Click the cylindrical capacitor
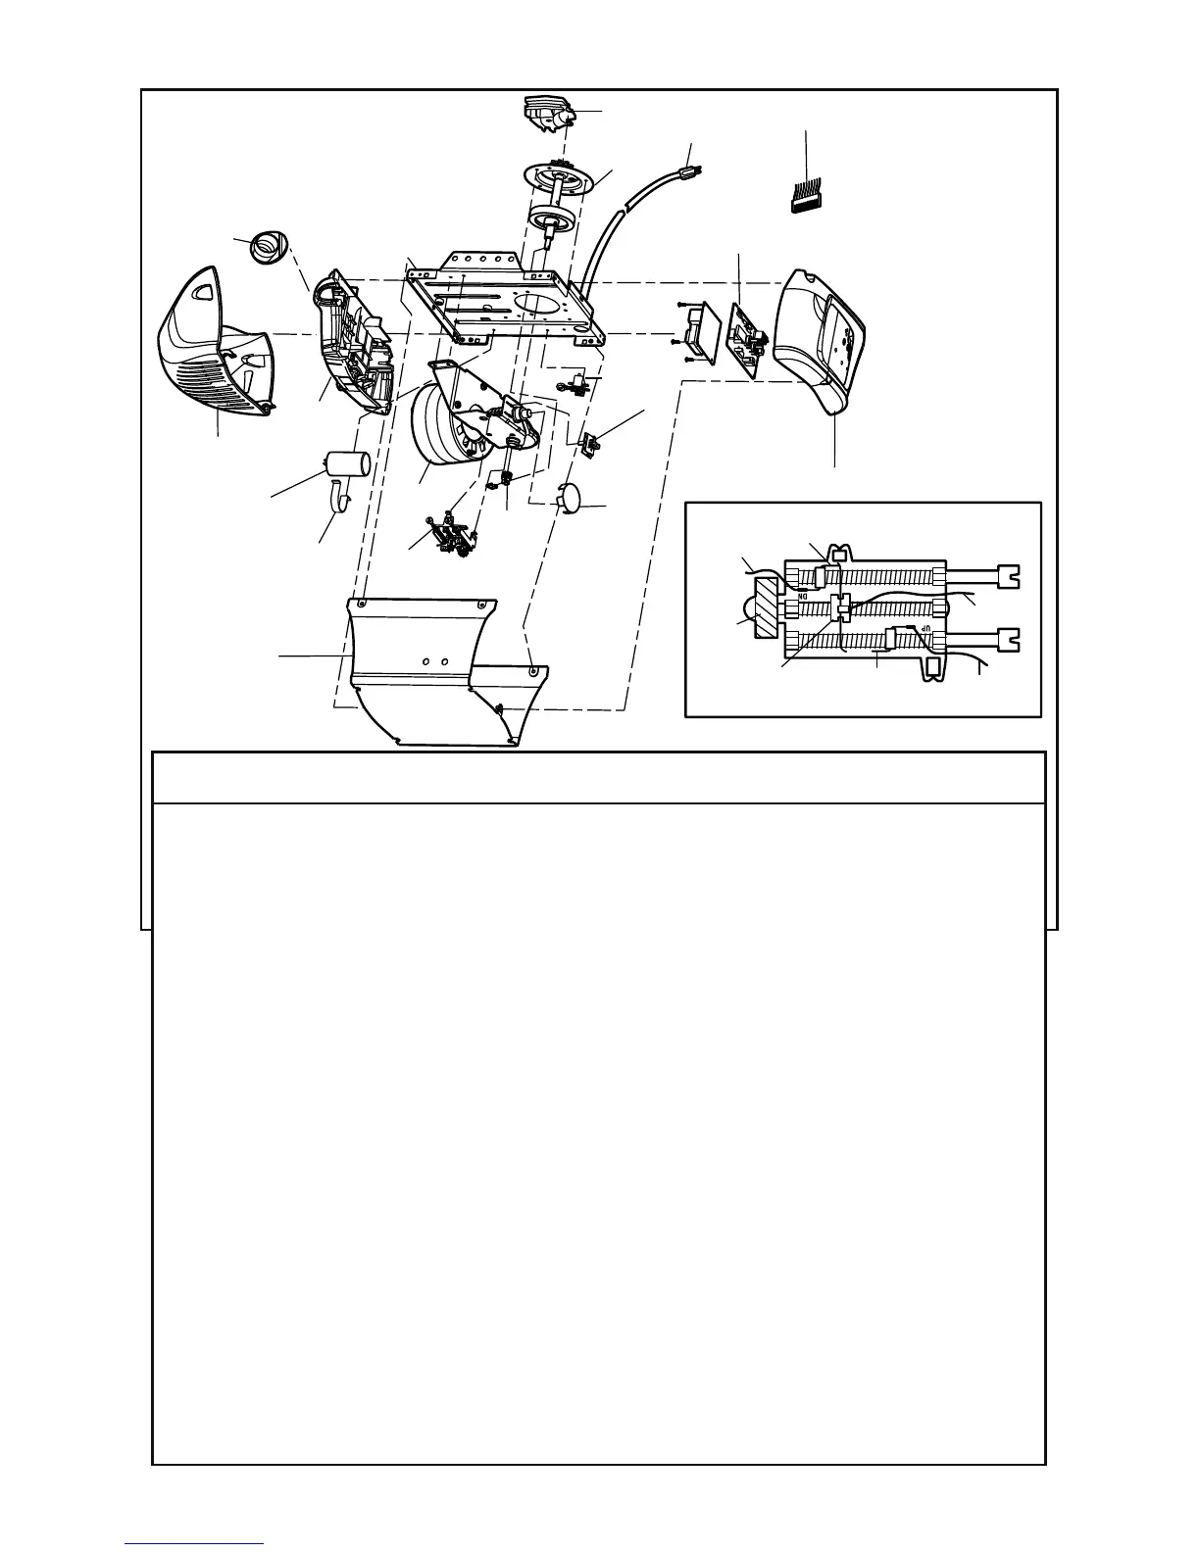(347, 463)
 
